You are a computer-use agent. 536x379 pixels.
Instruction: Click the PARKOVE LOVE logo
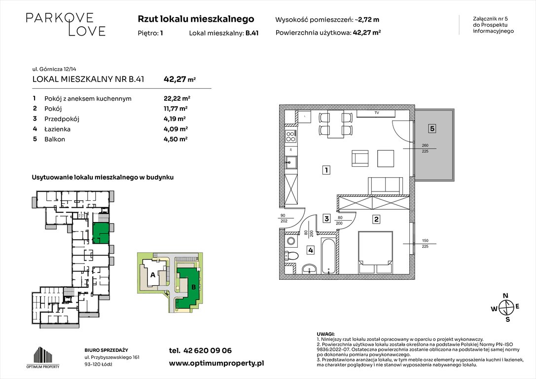(66, 24)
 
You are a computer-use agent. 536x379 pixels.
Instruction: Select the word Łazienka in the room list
(57, 129)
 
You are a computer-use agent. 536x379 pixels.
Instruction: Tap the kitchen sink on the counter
(291, 161)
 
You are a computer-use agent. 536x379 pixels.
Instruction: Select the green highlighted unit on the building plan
(101, 232)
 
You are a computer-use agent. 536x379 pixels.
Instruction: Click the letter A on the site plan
(152, 274)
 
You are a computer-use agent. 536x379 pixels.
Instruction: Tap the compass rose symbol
(505, 308)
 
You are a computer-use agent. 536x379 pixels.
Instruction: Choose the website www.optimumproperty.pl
(216, 363)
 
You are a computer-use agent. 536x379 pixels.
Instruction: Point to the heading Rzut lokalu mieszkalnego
(196, 19)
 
